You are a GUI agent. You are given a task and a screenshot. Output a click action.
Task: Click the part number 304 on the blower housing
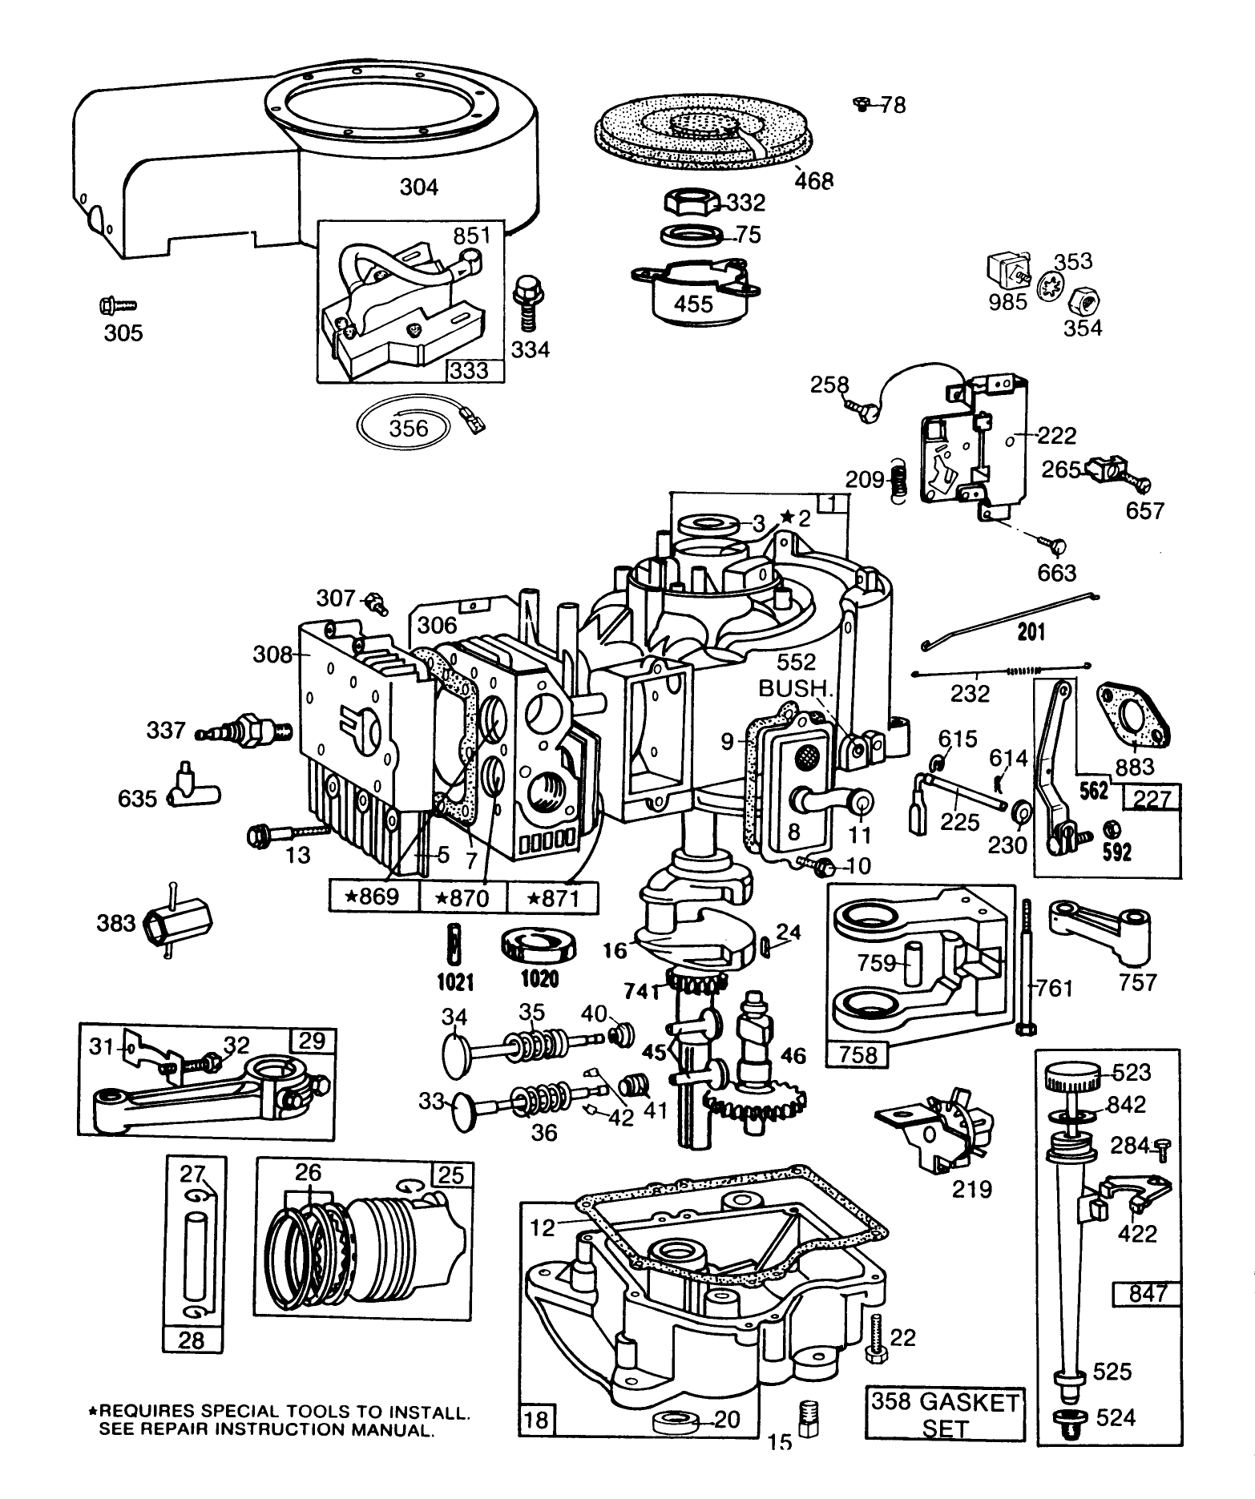pos(418,187)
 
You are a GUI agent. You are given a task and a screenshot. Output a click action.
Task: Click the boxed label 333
pos(474,370)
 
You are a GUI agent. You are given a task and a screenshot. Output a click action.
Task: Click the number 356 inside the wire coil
pos(409,428)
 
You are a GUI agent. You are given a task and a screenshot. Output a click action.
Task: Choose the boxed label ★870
pos(463,897)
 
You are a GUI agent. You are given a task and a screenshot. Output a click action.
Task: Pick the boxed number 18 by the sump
pos(536,1420)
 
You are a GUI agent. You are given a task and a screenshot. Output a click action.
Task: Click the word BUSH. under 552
pos(792,687)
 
